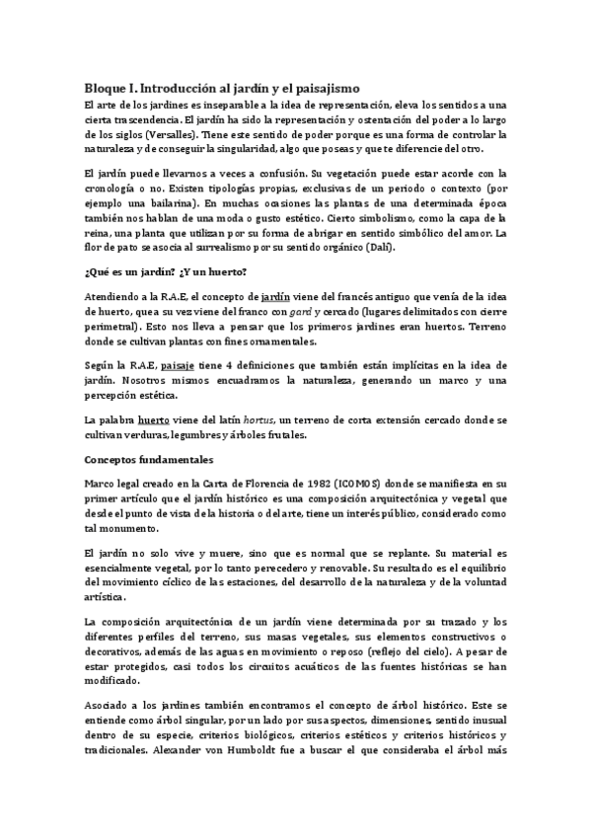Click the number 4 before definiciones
click(255, 364)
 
